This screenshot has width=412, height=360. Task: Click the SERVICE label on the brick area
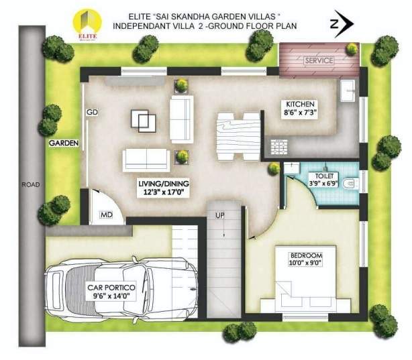pos(319,60)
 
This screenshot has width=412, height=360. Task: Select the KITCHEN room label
pos(301,105)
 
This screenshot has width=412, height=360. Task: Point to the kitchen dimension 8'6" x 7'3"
pos(301,114)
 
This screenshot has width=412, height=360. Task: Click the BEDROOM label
pos(306,255)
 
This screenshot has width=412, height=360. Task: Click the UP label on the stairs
pos(219,216)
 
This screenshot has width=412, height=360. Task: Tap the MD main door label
pos(106,215)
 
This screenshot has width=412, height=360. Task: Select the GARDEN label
pos(64,143)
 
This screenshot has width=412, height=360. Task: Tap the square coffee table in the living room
pos(143,121)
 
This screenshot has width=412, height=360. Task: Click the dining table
pos(236,135)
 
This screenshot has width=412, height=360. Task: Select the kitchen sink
pos(348,91)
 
